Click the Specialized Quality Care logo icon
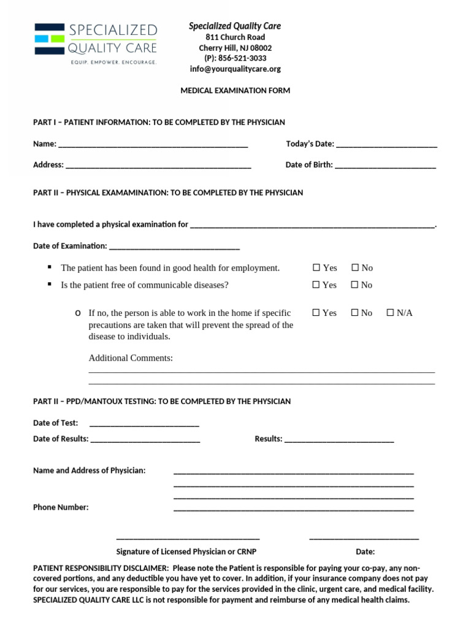point(49,39)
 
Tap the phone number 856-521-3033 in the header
point(235,58)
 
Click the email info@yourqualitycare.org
point(235,69)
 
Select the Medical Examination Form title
point(235,91)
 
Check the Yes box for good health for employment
point(316,267)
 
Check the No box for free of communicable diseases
point(355,285)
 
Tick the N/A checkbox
point(391,313)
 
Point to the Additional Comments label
point(131,358)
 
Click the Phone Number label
point(61,507)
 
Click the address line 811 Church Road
point(235,37)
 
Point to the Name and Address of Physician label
point(90,470)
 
